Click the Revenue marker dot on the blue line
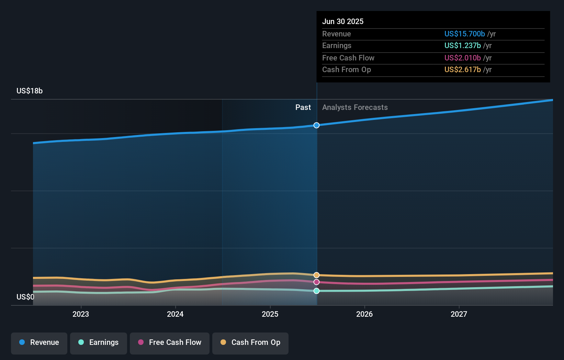(x=316, y=125)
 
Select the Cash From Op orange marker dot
(x=316, y=275)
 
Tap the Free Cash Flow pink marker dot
(x=316, y=282)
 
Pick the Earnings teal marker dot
(x=316, y=291)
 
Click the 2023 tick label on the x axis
(x=81, y=314)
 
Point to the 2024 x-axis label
(x=175, y=314)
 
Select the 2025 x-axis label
(x=270, y=314)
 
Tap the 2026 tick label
(x=364, y=314)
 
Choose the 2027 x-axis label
(x=459, y=314)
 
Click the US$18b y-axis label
(x=30, y=91)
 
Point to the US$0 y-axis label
(x=25, y=297)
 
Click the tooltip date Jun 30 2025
(x=343, y=22)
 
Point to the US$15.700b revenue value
(x=464, y=34)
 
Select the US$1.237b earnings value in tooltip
(x=462, y=46)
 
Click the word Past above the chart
(x=303, y=108)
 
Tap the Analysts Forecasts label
(x=355, y=108)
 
